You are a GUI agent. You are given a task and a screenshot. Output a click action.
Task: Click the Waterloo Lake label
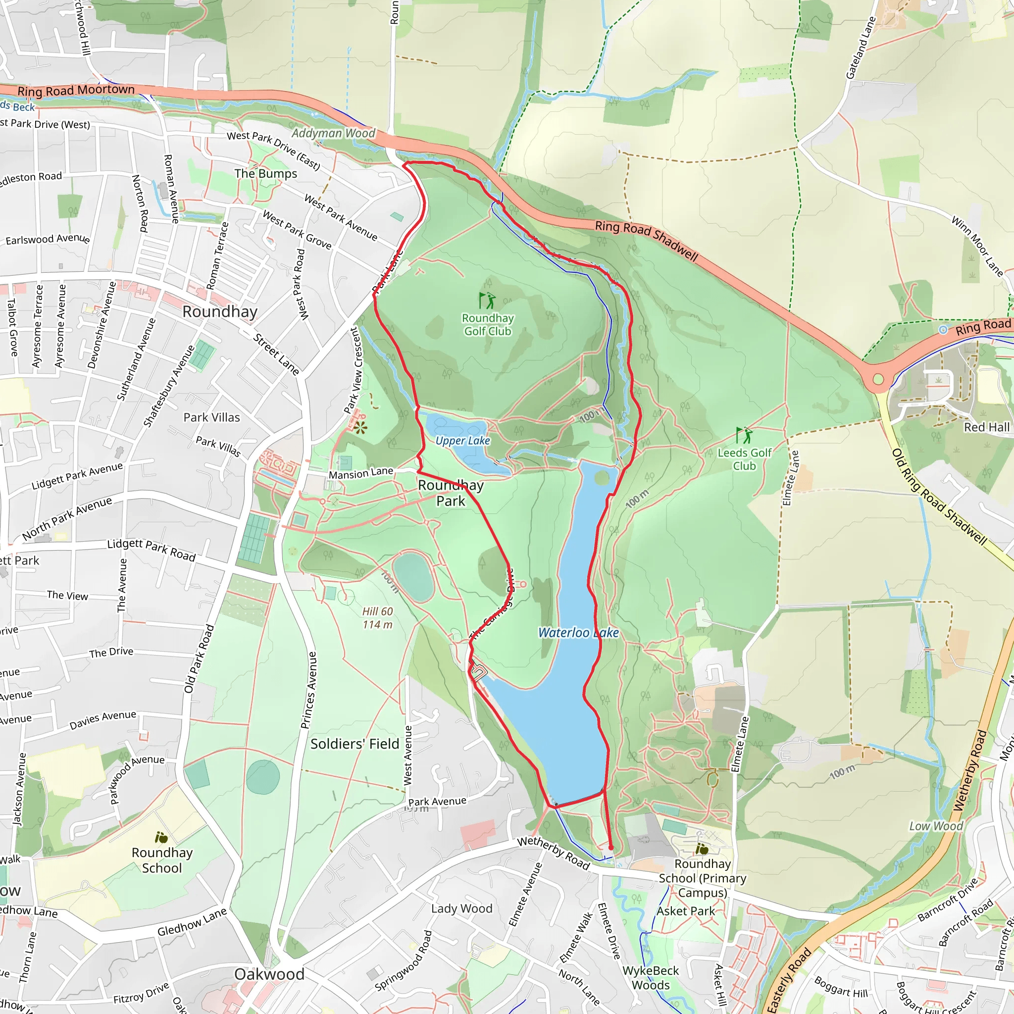pos(578,632)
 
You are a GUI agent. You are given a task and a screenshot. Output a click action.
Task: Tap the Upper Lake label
pos(462,440)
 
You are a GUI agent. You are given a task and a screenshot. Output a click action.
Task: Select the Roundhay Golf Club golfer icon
pos(487,301)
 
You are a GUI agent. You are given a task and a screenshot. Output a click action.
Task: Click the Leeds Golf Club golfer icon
pos(744,435)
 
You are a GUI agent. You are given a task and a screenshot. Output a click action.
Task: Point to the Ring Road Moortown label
pos(76,90)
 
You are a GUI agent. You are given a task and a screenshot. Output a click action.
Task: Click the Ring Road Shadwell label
pos(646,241)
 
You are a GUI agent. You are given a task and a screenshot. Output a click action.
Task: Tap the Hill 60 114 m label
pos(377,618)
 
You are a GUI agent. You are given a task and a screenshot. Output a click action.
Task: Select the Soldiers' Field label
pos(355,744)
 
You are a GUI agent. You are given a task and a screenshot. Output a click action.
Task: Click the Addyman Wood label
pos(333,133)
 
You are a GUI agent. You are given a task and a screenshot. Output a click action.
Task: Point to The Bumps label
pos(265,173)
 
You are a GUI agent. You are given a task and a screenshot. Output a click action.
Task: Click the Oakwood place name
pos(269,974)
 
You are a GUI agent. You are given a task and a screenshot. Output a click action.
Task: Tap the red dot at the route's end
pos(611,848)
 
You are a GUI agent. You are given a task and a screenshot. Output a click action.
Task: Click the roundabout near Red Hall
pos(878,379)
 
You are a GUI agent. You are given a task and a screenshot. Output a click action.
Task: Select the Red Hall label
pos(986,427)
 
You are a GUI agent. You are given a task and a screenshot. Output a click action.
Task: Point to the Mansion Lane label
pos(360,473)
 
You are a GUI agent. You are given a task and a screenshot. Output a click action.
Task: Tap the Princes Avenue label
pos(308,690)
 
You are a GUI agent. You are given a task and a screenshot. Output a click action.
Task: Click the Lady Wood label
pos(462,909)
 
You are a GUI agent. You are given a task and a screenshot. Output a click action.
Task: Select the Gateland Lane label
pos(861,49)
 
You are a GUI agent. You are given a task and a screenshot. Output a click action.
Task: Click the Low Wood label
pos(936,826)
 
